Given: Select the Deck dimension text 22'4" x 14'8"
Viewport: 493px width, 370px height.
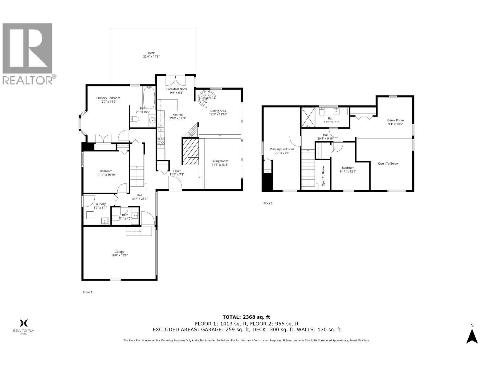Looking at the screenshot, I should [x=151, y=57].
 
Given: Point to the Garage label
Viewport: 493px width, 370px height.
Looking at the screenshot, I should [x=119, y=252].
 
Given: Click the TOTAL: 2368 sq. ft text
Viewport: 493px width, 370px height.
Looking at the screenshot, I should [x=246, y=317].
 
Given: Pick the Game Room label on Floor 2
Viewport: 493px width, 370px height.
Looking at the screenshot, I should [x=395, y=120].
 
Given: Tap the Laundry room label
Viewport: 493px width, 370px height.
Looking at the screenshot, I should [x=100, y=204].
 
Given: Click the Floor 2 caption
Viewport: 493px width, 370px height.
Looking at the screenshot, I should [x=268, y=203].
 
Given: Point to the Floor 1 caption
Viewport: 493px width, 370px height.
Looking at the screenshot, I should [x=88, y=292].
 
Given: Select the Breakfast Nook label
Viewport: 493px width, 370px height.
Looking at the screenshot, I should [x=177, y=89].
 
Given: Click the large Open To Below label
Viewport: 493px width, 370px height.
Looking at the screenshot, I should [x=388, y=163].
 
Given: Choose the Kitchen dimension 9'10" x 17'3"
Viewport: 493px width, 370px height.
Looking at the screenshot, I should [x=177, y=118].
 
